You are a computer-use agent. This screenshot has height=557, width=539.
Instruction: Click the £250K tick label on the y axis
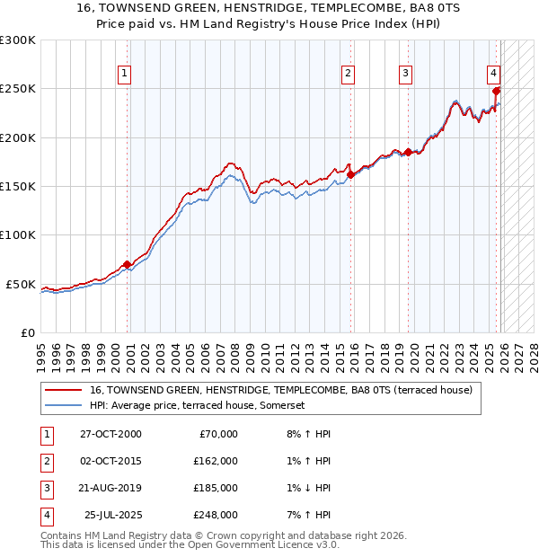click(17, 89)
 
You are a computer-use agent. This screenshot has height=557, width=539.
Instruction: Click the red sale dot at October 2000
click(127, 264)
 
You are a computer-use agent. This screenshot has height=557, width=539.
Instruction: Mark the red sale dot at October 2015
click(350, 175)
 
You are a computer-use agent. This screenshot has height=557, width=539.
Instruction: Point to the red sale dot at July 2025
click(497, 91)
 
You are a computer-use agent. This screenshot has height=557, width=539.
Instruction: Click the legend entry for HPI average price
click(198, 406)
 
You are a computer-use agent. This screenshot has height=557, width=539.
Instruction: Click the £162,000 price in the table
click(216, 461)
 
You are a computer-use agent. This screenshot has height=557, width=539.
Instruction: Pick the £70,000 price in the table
click(218, 434)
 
